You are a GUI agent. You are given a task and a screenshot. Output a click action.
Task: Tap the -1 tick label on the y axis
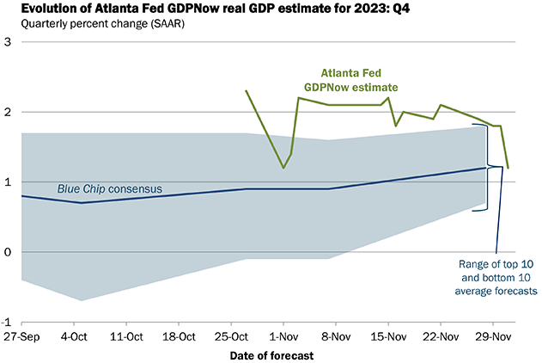tap(7, 322)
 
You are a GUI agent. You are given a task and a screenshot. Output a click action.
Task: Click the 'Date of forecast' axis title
tap(269, 354)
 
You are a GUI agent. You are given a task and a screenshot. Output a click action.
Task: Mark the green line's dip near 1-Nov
tap(283, 168)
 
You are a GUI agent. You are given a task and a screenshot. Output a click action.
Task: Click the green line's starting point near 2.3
tap(246, 90)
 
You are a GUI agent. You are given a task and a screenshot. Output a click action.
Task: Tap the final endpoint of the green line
tap(508, 168)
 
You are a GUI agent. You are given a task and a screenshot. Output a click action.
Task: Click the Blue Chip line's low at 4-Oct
tap(81, 203)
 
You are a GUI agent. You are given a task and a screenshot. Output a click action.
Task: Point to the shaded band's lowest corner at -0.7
tap(81, 300)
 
